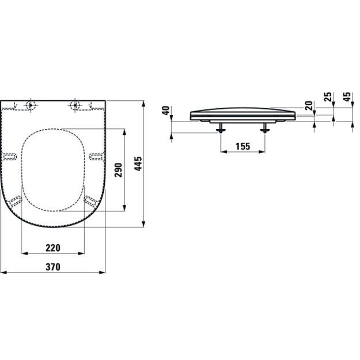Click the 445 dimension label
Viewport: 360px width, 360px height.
[138, 164]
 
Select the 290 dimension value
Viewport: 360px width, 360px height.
[119, 170]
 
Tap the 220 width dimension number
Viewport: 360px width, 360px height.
[53, 248]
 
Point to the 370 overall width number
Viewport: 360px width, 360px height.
[53, 267]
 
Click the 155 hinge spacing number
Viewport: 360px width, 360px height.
[243, 146]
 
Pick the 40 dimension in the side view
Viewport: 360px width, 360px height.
[166, 111]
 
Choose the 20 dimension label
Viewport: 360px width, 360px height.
[309, 105]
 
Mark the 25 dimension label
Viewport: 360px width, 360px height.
[328, 97]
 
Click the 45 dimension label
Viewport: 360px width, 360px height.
[347, 97]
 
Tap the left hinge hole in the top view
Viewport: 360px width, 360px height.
[31, 105]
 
